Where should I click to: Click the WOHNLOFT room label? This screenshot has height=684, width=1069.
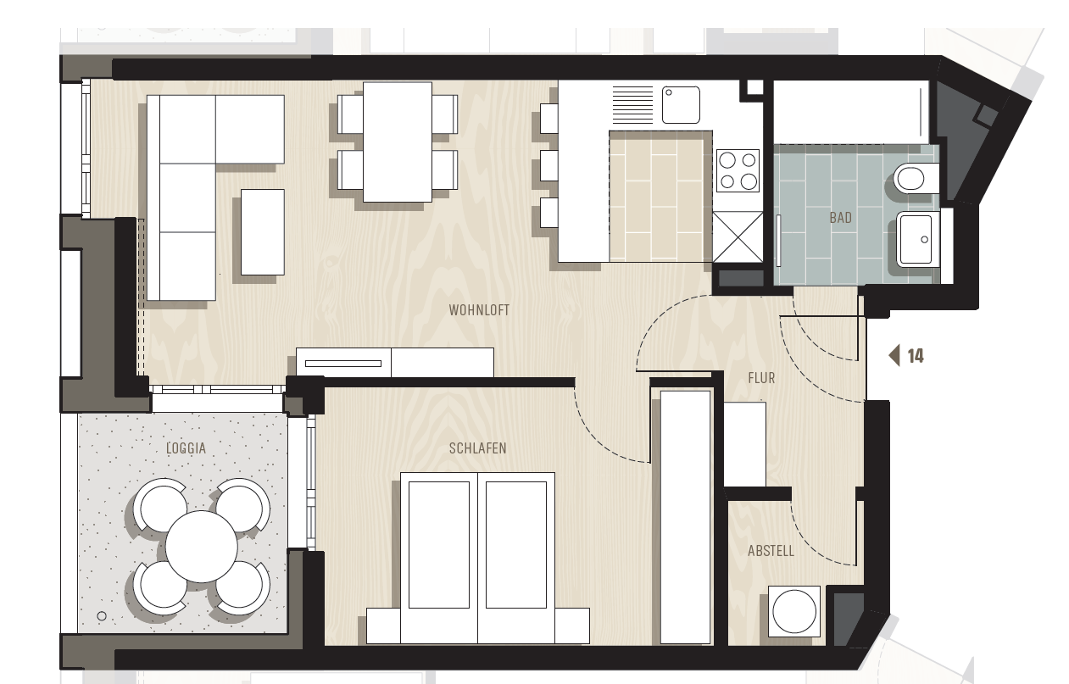(479, 310)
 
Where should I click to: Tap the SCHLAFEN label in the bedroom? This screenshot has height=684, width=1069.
(477, 448)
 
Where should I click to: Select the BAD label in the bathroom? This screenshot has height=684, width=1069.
(840, 218)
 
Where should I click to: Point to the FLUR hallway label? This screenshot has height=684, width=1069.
(761, 378)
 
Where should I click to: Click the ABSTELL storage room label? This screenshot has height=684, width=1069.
(771, 552)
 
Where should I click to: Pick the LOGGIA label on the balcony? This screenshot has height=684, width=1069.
(187, 448)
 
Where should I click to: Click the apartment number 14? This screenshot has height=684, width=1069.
(916, 356)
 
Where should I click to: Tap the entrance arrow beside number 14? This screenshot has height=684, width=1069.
(894, 356)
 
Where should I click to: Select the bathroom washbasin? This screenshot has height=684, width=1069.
(915, 238)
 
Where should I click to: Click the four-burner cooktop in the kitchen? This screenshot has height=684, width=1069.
(738, 170)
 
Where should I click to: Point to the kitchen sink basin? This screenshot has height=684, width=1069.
(681, 104)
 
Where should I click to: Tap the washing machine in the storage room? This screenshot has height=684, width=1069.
(794, 611)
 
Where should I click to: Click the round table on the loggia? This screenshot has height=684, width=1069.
(201, 547)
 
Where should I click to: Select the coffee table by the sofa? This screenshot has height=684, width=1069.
(263, 232)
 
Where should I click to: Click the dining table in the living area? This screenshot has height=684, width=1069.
(398, 142)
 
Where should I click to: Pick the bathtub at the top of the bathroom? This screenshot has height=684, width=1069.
(851, 112)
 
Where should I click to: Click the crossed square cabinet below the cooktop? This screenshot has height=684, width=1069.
(738, 237)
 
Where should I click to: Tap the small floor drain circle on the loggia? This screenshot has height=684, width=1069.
(102, 616)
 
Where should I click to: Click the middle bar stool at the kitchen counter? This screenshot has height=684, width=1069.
(549, 165)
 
